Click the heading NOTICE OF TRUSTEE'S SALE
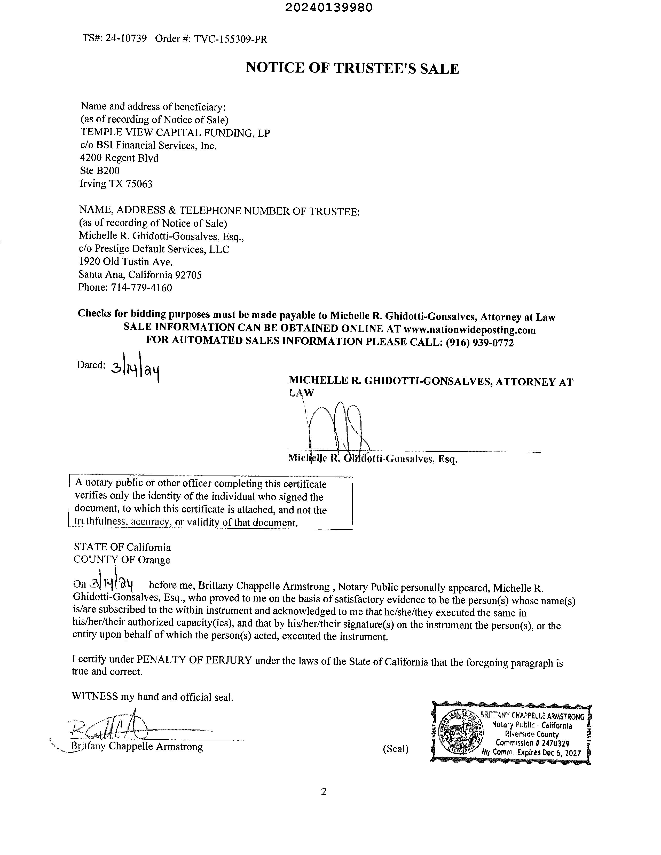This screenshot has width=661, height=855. click(352, 68)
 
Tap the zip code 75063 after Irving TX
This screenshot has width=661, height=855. click(139, 184)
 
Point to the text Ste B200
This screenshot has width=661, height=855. click(100, 171)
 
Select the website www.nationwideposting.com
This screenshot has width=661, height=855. click(469, 330)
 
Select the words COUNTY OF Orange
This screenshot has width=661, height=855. click(122, 560)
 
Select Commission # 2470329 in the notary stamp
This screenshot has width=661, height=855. click(532, 743)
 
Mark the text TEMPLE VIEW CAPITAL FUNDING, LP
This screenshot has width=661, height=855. click(175, 133)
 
